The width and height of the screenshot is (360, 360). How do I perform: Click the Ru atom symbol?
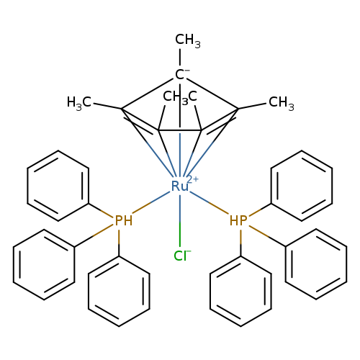pyautogui.click(x=179, y=186)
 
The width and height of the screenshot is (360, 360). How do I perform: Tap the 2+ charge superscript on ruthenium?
pyautogui.click(x=193, y=179)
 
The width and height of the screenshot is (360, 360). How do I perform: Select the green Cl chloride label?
pyautogui.click(x=180, y=256)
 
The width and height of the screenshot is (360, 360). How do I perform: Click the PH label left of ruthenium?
pyautogui.click(x=124, y=220)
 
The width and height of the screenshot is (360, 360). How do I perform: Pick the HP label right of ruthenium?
pyautogui.click(x=238, y=220)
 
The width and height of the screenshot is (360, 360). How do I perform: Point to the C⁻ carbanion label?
pyautogui.click(x=180, y=75)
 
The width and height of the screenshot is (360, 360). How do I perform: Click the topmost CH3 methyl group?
pyautogui.click(x=187, y=40)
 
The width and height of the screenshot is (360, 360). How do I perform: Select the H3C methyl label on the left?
pyautogui.click(x=79, y=103)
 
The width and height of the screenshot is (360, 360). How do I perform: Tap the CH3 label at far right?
pyautogui.click(x=282, y=103)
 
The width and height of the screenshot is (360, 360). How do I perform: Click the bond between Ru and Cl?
pyautogui.click(x=180, y=221)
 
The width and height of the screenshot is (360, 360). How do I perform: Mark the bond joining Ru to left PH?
pyautogui.click(x=151, y=202)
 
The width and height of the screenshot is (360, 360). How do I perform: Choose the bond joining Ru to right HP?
pyautogui.click(x=209, y=203)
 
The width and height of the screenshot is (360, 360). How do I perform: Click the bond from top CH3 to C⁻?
pyautogui.click(x=180, y=57)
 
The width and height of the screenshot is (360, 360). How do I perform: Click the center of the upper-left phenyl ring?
pyautogui.click(x=58, y=186)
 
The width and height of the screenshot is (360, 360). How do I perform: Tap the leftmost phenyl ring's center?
pyautogui.click(x=44, y=264)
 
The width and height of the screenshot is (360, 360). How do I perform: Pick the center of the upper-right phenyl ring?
pyautogui.click(x=302, y=186)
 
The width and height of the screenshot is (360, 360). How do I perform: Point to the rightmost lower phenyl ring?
pyautogui.click(x=316, y=264)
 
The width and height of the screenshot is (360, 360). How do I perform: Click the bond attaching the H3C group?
pyautogui.click(x=107, y=106)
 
